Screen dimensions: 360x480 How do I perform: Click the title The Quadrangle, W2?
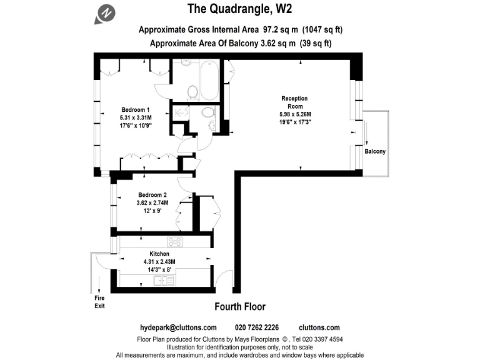240,9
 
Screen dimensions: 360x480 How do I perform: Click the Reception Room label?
294,102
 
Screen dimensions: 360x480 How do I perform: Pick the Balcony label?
375,152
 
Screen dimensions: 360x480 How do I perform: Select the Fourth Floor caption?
240,306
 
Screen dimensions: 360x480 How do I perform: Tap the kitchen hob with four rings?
174,242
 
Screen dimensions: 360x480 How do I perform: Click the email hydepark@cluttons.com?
177,327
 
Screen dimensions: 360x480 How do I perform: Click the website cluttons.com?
319,327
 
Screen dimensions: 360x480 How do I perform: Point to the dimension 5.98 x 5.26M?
295,114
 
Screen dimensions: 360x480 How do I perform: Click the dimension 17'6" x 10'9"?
136,125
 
